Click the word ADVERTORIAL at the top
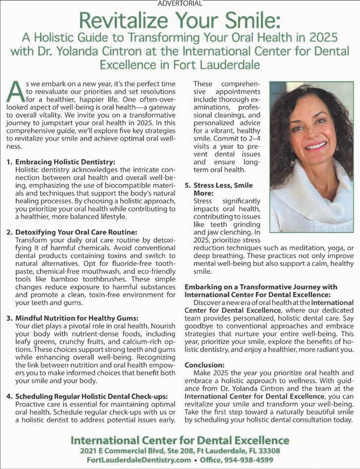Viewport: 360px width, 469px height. coord(180,3)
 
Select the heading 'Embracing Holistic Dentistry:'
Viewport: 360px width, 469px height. coord(65,162)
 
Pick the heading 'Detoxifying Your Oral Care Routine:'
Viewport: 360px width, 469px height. coord(76,232)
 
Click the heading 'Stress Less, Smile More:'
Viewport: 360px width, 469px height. coord(218,189)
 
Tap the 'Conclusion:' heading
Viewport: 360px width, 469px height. coord(205,365)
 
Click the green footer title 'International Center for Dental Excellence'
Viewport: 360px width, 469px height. coord(180,440)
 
